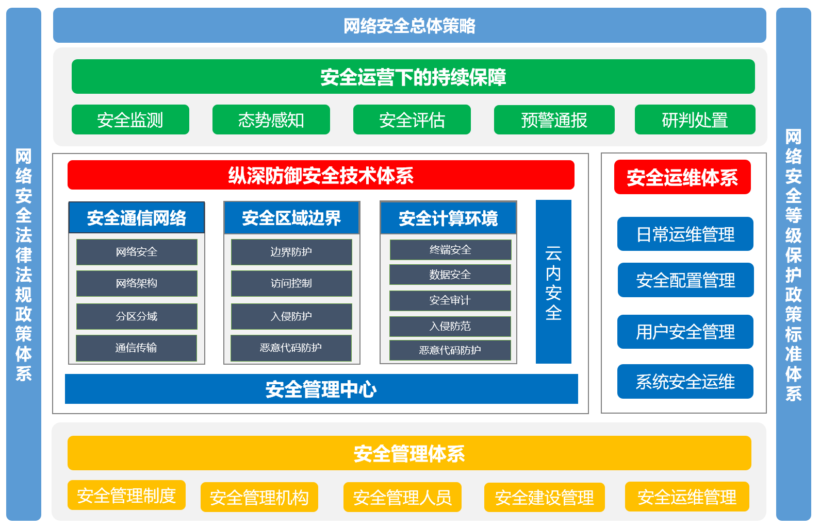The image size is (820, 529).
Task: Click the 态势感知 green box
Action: [271, 120]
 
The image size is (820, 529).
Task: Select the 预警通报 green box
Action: [554, 120]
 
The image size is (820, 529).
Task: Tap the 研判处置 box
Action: [695, 120]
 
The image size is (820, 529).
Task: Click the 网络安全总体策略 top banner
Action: [409, 25]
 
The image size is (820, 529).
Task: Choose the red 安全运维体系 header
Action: [682, 178]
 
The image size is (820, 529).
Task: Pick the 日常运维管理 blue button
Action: [685, 234]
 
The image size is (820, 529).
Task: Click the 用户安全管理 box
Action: [685, 332]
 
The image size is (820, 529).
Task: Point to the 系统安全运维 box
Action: [685, 382]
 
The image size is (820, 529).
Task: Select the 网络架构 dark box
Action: [137, 283]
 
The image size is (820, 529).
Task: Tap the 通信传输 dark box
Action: [136, 348]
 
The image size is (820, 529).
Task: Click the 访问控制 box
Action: [291, 283]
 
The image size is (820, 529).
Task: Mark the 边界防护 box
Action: [291, 252]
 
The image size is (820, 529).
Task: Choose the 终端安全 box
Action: [450, 250]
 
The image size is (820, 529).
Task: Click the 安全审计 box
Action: [450, 300]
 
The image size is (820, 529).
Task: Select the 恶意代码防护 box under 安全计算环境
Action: [450, 350]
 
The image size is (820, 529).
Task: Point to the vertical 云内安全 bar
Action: [553, 282]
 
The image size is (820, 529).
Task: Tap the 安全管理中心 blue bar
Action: [321, 389]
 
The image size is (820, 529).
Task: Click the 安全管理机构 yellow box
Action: [259, 497]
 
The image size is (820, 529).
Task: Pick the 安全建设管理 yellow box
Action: [544, 497]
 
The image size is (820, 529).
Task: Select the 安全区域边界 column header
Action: [291, 218]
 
